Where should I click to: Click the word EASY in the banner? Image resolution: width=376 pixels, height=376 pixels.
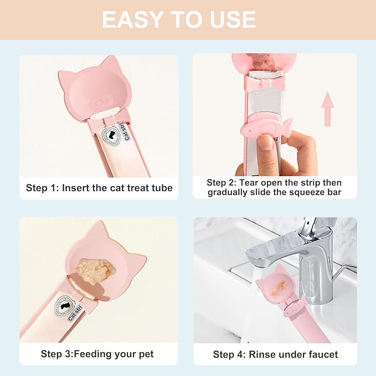(132, 20)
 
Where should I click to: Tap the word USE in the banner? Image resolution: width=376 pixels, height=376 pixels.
(233, 20)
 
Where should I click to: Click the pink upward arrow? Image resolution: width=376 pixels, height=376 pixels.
(327, 109)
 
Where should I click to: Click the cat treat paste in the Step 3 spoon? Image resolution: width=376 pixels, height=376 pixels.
(95, 268)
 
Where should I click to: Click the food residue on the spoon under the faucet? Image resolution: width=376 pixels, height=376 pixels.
(280, 286)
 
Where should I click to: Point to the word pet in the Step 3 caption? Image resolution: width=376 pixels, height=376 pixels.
(146, 354)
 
